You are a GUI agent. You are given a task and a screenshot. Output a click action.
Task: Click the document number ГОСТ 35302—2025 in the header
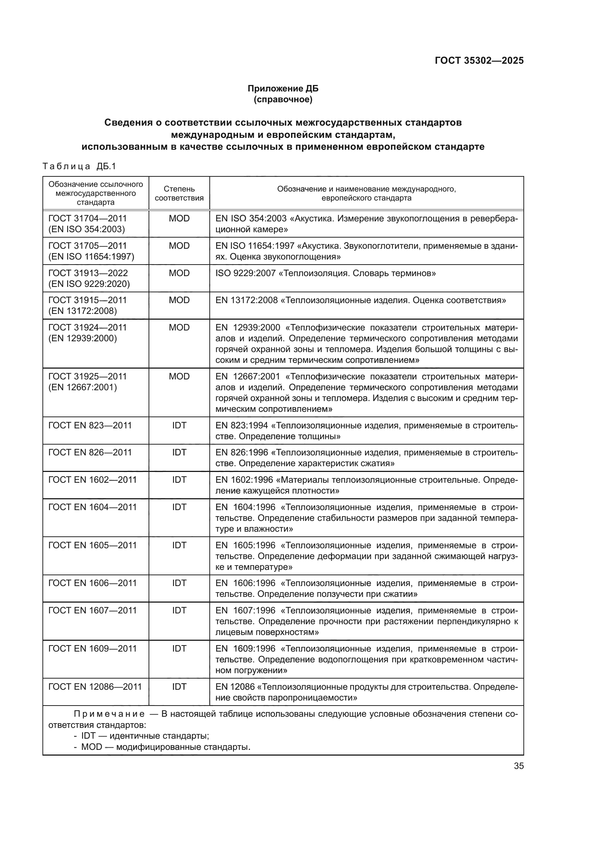[479, 61]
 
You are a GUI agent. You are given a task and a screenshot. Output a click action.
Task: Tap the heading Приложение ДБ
[283, 89]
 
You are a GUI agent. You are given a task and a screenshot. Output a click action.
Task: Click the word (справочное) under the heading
[283, 99]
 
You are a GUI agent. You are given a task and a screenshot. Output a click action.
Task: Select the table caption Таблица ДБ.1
[79, 167]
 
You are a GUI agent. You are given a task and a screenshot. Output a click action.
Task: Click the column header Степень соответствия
[179, 193]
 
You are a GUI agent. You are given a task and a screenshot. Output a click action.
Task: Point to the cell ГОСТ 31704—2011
[87, 219]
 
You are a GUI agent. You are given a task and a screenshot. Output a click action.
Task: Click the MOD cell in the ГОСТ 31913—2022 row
[179, 273]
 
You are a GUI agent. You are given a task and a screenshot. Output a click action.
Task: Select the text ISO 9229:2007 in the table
[245, 273]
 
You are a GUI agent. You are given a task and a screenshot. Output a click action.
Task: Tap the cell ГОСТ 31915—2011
[87, 300]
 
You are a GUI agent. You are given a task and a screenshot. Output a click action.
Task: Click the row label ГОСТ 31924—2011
[87, 328]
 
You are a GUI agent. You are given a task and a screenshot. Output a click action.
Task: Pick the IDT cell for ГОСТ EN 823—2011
[179, 425]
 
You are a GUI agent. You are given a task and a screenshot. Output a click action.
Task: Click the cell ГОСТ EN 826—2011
[90, 452]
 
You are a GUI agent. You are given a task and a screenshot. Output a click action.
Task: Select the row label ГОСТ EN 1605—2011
[92, 545]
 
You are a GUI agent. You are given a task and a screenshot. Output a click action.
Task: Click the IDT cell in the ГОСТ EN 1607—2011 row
[179, 611]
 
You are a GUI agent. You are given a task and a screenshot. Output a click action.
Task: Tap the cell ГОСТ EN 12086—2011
[95, 687]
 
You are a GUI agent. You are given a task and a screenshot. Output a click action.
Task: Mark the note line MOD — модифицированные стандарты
[165, 747]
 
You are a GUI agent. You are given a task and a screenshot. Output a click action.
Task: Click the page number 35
[518, 766]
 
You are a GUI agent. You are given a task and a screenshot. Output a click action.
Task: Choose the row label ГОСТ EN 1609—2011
[92, 649]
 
